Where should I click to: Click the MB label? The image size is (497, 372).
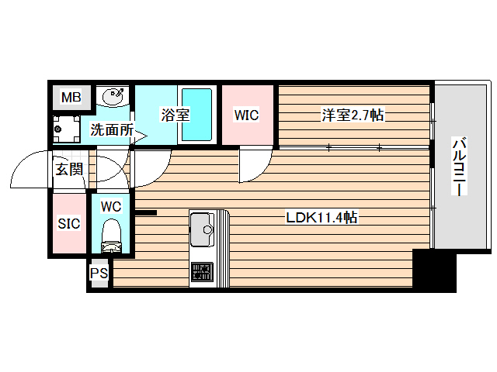(x=71, y=98)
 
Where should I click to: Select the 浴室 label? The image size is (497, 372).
(x=175, y=115)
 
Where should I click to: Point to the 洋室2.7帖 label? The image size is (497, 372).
(x=353, y=116)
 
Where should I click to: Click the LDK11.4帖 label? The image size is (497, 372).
(x=321, y=219)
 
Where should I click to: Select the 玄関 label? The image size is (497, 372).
(x=68, y=169)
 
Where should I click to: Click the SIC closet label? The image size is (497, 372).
(x=69, y=224)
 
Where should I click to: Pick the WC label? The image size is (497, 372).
(x=111, y=207)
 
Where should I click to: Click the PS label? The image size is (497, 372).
(x=99, y=274)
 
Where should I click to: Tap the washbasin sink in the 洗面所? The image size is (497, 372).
(x=114, y=98)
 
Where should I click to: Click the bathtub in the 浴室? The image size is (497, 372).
(x=197, y=115)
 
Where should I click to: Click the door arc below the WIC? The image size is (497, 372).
(x=253, y=164)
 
